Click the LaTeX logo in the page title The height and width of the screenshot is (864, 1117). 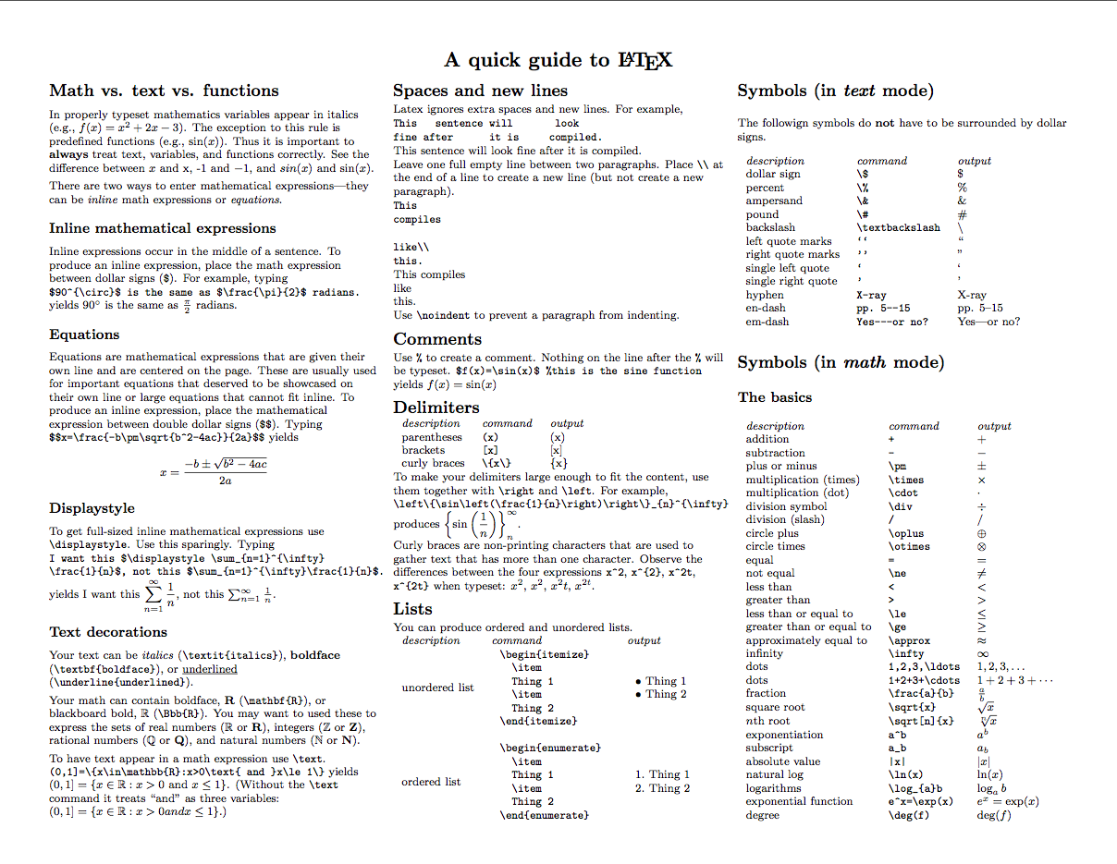[x=644, y=61]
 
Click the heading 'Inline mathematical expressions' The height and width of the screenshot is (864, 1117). [x=163, y=228]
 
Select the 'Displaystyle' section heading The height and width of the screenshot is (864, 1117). [x=92, y=508]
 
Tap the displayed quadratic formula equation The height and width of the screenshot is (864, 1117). [x=214, y=471]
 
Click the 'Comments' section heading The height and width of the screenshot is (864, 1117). [x=437, y=339]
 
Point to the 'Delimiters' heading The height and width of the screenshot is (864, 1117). [x=436, y=408]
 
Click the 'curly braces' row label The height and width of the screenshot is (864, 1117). [x=433, y=463]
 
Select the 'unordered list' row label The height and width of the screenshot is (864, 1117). [x=437, y=688]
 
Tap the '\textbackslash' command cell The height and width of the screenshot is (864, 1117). [x=899, y=227]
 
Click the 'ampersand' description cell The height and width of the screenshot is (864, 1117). [x=774, y=201]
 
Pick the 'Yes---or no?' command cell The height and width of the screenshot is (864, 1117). [x=892, y=322]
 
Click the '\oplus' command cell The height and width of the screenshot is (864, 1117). [x=905, y=533]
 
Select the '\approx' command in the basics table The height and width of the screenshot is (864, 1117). [x=909, y=640]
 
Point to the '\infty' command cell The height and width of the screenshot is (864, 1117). [x=906, y=653]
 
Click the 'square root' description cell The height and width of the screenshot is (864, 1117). [x=775, y=708]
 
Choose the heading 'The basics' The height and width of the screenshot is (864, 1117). [x=775, y=397]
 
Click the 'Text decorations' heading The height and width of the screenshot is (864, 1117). [x=108, y=632]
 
